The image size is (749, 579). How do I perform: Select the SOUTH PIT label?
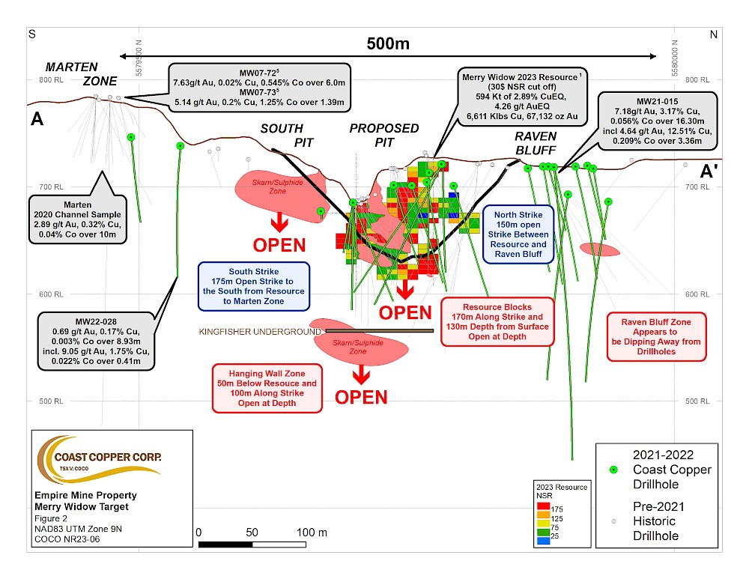click(282, 136)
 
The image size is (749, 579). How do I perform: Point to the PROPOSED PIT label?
click(384, 136)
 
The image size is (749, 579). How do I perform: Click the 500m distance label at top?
click(388, 43)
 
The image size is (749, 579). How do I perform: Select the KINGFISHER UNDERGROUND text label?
click(260, 331)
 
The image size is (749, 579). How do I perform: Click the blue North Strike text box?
click(521, 234)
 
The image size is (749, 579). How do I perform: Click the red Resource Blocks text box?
click(497, 321)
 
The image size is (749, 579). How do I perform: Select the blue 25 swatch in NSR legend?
click(544, 540)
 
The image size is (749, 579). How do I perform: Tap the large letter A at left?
click(37, 120)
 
